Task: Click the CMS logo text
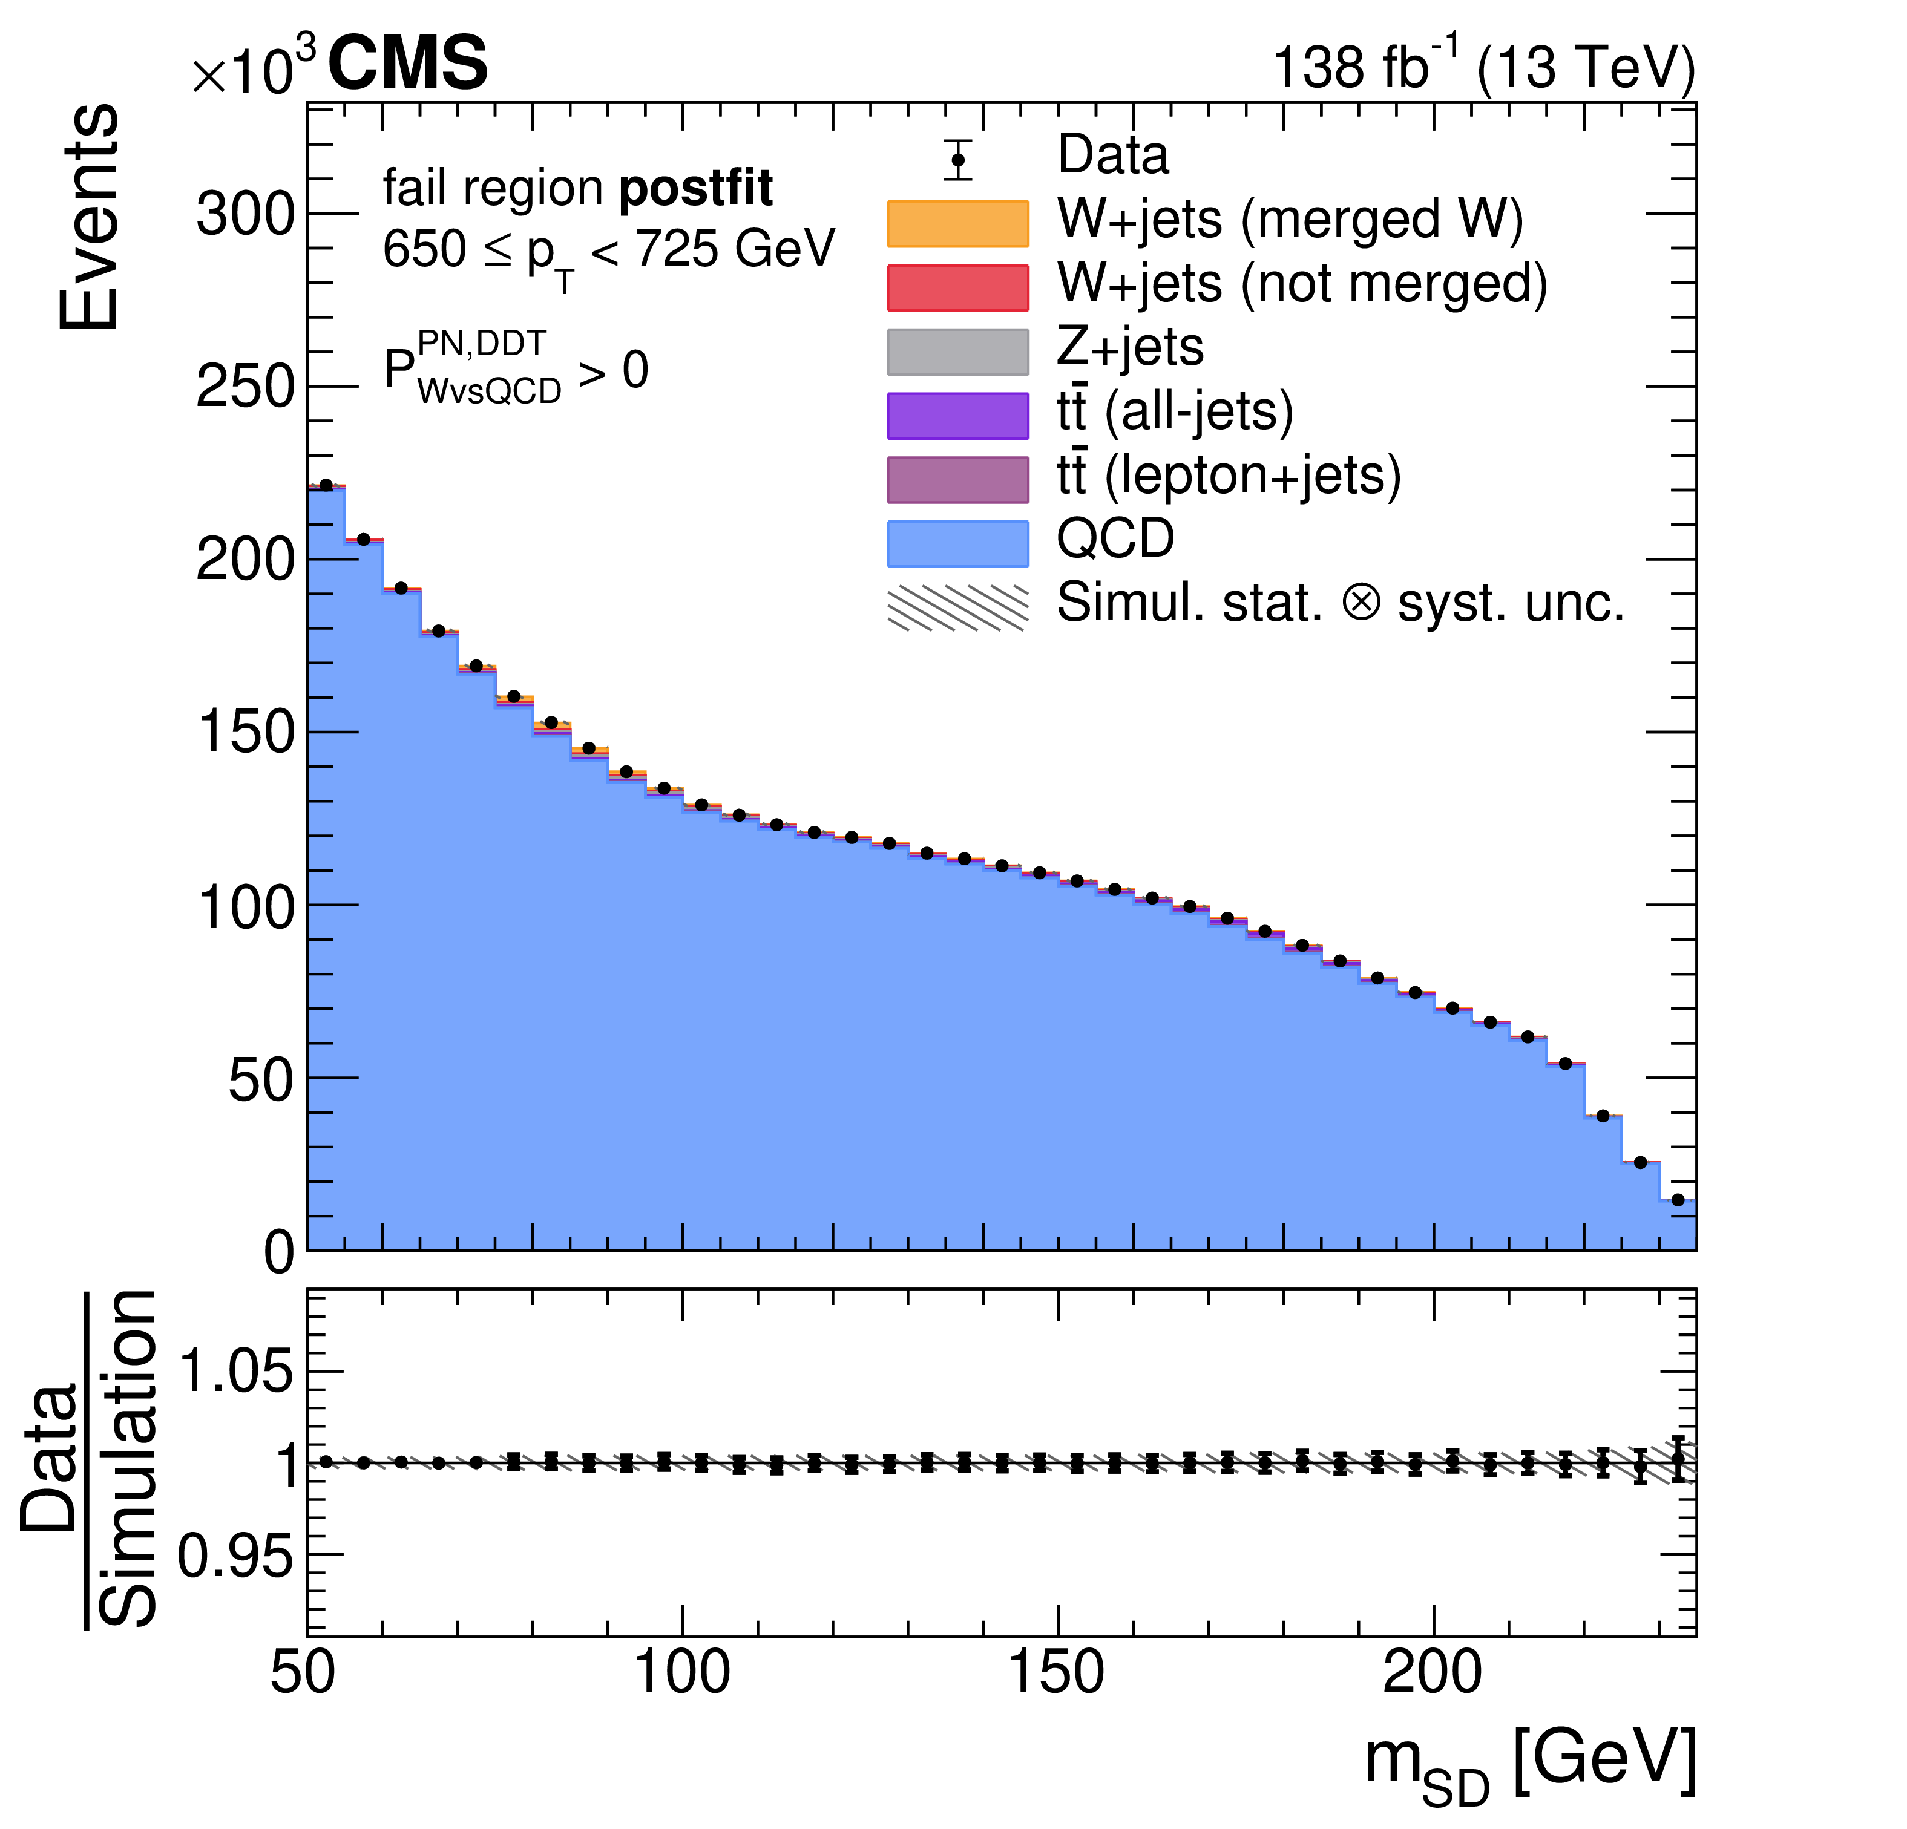408,64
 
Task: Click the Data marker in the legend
959,160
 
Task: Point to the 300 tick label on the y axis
245,214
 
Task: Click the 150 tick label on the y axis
245,733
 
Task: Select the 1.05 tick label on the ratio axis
237,1372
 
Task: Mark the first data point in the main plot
326,485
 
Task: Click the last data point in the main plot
1678,1200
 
